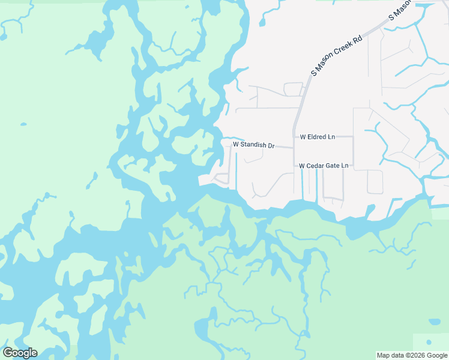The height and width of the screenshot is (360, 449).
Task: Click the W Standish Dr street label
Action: tap(253, 145)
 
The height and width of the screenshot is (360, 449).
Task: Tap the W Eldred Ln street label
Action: tap(318, 137)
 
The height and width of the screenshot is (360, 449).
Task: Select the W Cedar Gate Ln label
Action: tap(324, 165)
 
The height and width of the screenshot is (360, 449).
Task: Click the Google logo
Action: tap(20, 353)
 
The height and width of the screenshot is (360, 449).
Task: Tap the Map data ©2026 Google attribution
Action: tap(412, 355)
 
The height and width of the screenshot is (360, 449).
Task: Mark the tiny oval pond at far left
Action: tap(23, 125)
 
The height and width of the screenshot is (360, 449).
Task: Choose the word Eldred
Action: tap(321, 137)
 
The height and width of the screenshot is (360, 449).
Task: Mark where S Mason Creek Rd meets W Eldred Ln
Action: tap(294, 137)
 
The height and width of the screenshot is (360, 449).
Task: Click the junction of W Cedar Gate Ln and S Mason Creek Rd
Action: tap(294, 165)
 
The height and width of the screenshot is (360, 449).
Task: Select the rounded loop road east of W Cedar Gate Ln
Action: tap(375, 182)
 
